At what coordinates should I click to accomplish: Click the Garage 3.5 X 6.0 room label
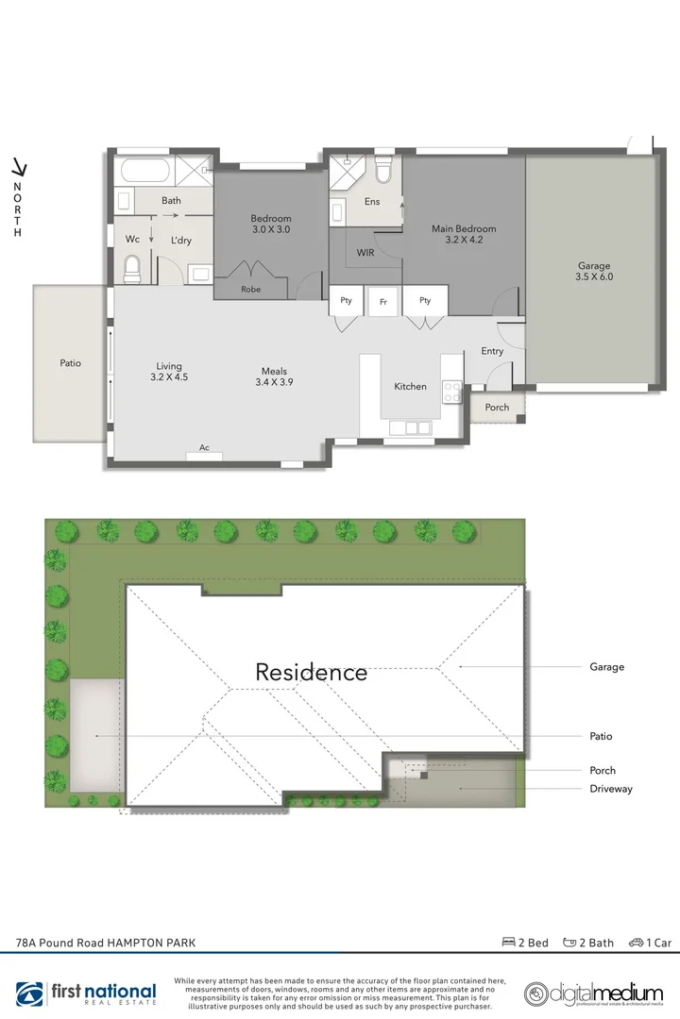tap(594, 272)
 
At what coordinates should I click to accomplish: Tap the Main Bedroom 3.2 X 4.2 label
tap(464, 234)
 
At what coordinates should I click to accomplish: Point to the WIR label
tap(366, 253)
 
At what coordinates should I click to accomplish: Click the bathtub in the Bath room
tap(145, 173)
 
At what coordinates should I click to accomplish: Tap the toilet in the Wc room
tap(133, 268)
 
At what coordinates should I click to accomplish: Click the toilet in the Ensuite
tap(382, 171)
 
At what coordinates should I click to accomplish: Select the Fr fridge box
tap(383, 301)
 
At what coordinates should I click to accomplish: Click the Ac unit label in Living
tap(204, 449)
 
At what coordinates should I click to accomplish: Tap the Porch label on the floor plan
tap(497, 408)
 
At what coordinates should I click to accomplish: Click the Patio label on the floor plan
tap(70, 362)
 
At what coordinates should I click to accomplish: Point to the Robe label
tap(250, 290)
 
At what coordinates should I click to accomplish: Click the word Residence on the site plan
tap(312, 673)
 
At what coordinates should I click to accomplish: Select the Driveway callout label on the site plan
tap(611, 789)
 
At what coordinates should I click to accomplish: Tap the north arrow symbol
tap(17, 169)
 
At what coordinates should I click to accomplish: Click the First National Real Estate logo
tap(90, 994)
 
